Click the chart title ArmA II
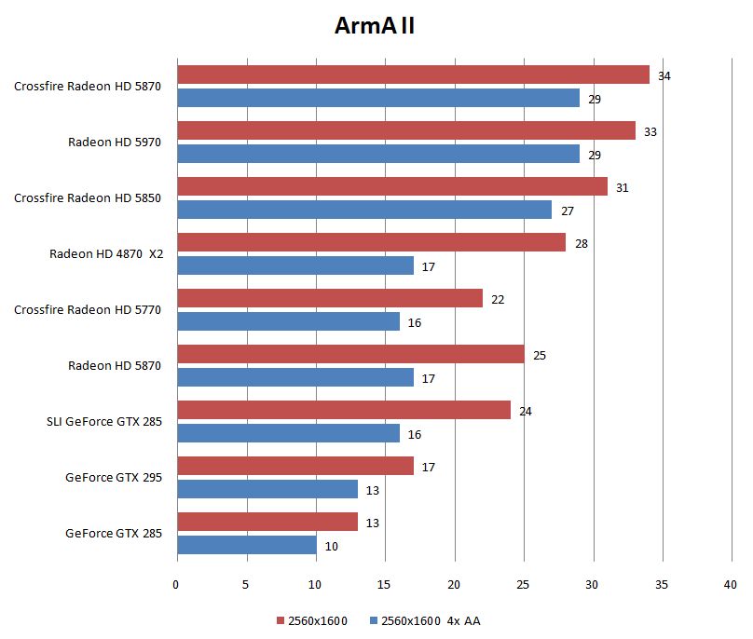(375, 25)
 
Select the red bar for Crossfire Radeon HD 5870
(413, 75)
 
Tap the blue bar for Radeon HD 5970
(377, 154)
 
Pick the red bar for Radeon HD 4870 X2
(371, 242)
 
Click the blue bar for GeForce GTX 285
(246, 545)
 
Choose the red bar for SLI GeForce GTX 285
(343, 410)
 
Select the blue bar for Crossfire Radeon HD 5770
(288, 321)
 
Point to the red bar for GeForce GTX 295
(294, 466)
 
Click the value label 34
(664, 75)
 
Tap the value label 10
(331, 547)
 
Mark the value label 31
(622, 187)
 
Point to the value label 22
(498, 299)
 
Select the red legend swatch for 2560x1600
(280, 620)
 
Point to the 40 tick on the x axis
(730, 585)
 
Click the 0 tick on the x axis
(176, 585)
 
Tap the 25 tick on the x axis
(523, 585)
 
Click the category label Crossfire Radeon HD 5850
(88, 198)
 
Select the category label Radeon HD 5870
(115, 366)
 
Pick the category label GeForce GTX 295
(114, 478)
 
